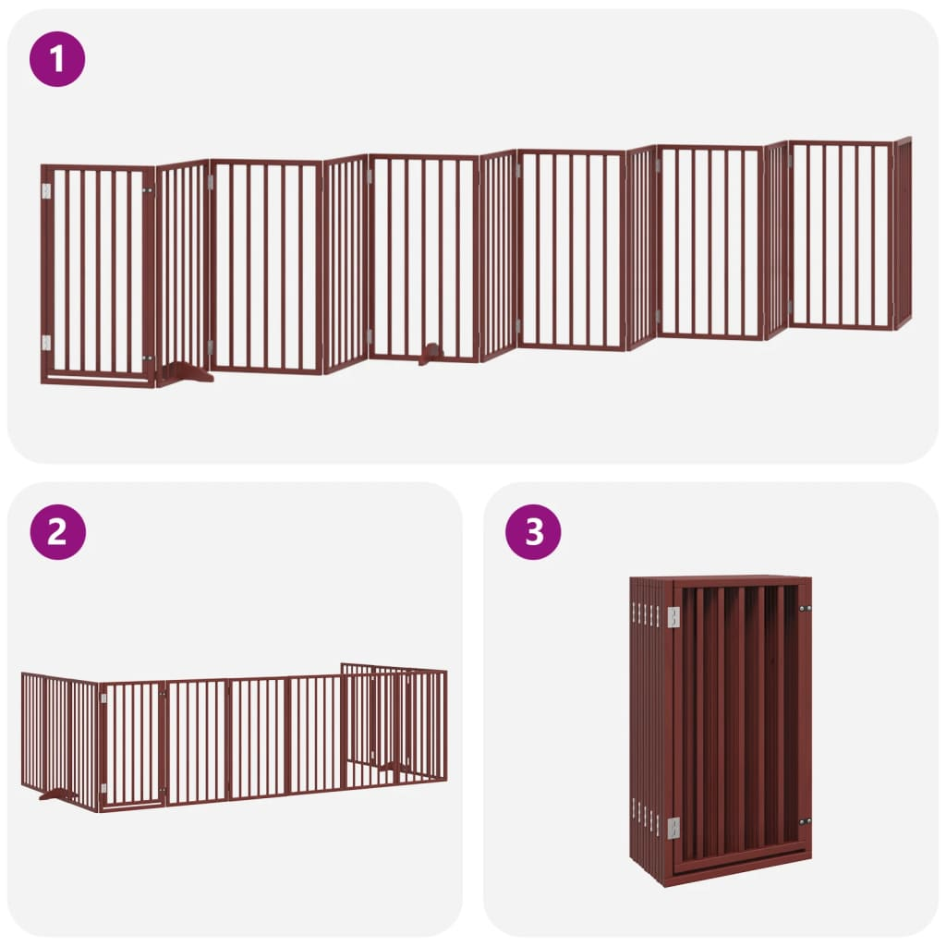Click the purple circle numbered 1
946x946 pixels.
(57, 59)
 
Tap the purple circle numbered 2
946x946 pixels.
(57, 532)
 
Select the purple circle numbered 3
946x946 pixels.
(533, 532)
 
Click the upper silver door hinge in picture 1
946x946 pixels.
(46, 190)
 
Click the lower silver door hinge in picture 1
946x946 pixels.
(46, 343)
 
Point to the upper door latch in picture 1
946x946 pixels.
(147, 190)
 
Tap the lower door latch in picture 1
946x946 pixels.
(147, 358)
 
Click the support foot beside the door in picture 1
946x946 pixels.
(185, 373)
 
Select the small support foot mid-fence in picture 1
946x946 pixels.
(431, 354)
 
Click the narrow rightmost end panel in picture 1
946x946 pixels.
(903, 233)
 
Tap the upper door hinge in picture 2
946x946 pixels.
(104, 698)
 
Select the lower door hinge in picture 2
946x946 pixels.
(104, 788)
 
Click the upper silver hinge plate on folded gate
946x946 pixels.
(673, 616)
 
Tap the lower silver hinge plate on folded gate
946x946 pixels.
(673, 828)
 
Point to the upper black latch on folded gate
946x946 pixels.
(805, 608)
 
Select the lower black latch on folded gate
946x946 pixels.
(805, 821)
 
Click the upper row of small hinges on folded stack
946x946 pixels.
(647, 613)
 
